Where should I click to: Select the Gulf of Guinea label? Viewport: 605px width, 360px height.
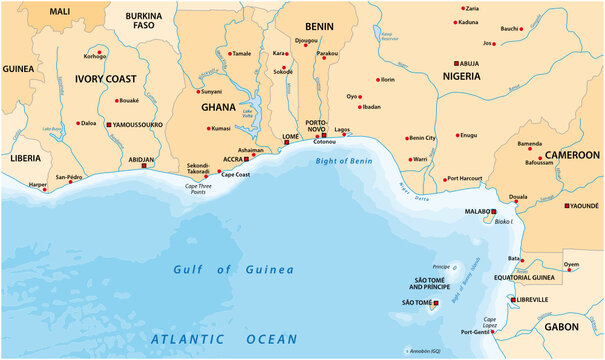coord(233,269)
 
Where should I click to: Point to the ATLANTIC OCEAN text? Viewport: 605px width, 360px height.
coord(224,340)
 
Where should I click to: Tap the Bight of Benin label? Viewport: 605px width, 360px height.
coord(342,160)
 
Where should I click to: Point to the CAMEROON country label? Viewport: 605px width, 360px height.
coord(571,155)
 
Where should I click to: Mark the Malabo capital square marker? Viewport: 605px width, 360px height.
coord(493,211)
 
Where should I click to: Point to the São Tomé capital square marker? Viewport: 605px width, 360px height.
coord(436,302)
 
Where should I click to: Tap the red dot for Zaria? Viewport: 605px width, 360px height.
coord(463,8)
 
